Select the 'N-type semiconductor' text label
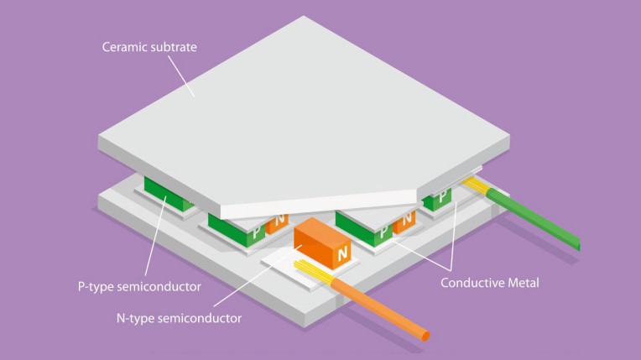click(x=179, y=318)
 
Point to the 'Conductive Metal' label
click(x=490, y=283)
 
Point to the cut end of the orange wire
click(x=425, y=337)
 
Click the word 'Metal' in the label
click(x=521, y=283)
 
